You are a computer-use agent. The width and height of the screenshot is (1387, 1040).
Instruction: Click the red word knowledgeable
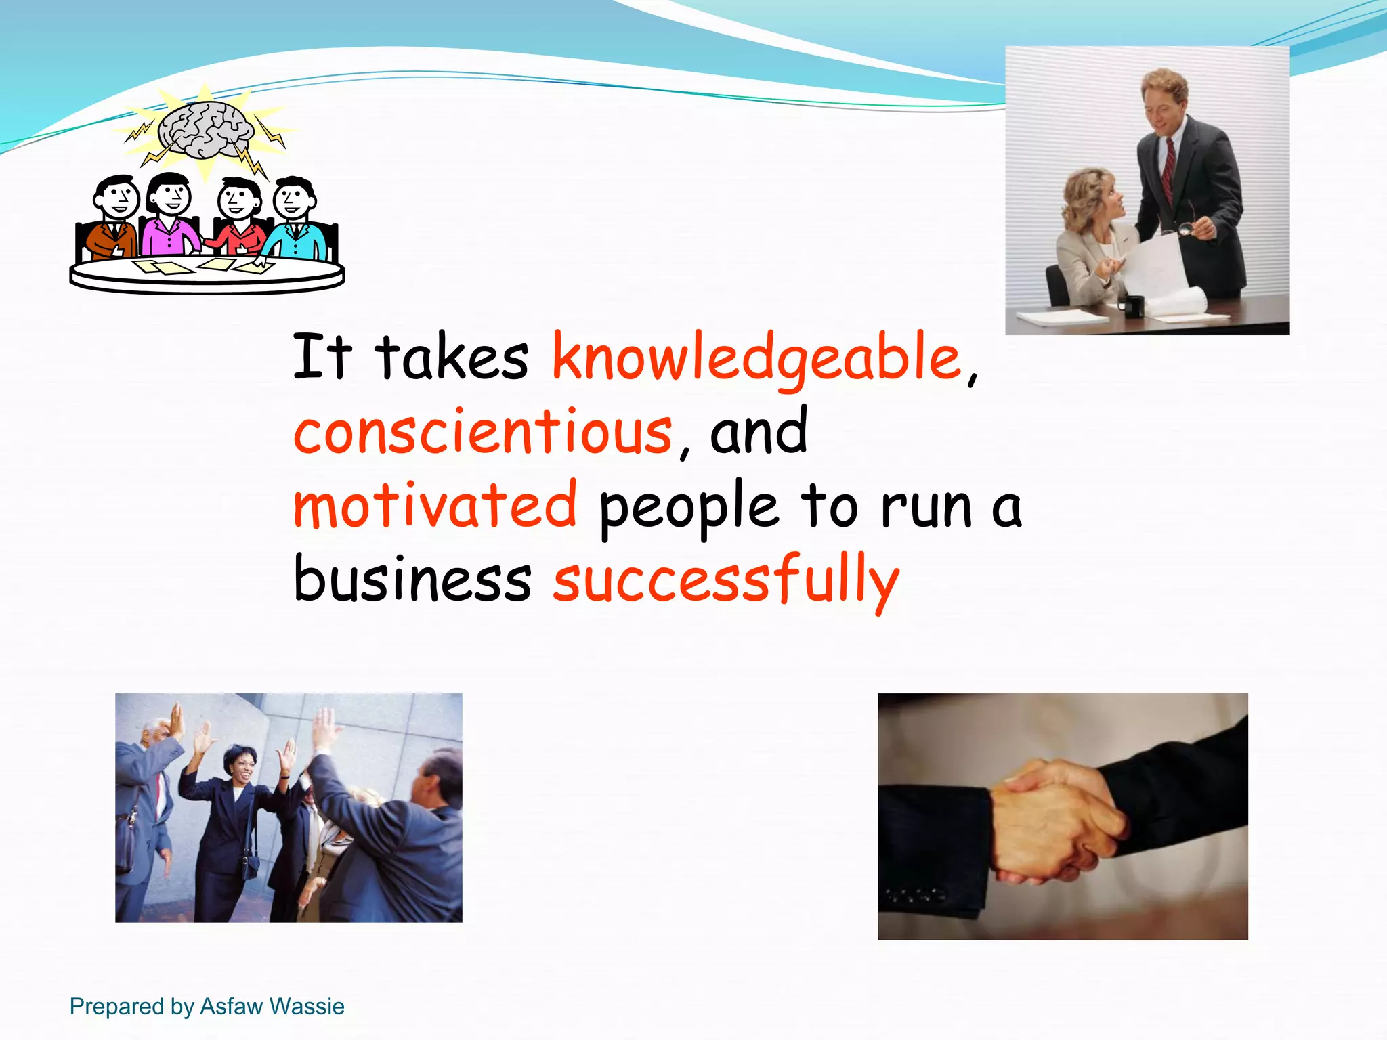(757, 357)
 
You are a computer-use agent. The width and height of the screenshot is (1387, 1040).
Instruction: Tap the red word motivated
(435, 506)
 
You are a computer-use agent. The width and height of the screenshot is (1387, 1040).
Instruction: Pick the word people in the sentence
(689, 508)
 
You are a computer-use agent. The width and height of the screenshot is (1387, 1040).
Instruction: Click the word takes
(451, 357)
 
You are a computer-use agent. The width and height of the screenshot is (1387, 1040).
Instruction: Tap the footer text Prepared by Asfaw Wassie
(207, 1006)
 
